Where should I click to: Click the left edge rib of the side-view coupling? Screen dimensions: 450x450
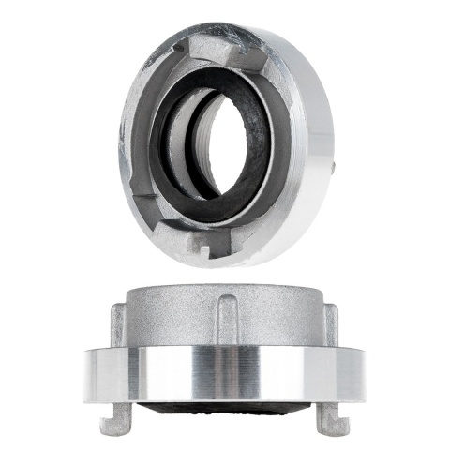(x=117, y=323)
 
